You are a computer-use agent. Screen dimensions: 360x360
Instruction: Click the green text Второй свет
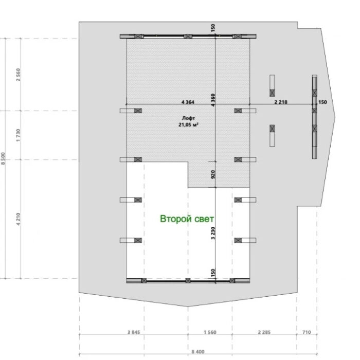(187, 219)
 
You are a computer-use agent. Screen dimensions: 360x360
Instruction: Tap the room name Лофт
(188, 118)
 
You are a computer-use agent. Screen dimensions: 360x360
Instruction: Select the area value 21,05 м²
(188, 124)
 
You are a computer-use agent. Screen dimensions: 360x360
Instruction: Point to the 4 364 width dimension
(188, 102)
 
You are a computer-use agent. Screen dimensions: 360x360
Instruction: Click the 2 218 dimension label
(281, 102)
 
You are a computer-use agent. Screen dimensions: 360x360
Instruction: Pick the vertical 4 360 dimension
(213, 100)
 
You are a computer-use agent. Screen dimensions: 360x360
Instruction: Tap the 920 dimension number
(213, 174)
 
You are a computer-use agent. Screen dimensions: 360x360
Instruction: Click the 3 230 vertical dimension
(213, 233)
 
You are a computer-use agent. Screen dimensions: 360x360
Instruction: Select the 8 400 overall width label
(198, 351)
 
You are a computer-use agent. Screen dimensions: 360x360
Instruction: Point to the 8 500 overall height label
(3, 158)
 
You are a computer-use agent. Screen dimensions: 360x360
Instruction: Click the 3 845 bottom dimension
(133, 332)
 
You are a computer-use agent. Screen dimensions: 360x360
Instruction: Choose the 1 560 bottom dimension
(210, 332)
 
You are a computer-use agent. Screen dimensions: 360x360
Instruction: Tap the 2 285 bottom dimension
(264, 332)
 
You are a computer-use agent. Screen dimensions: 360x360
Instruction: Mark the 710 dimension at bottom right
(307, 332)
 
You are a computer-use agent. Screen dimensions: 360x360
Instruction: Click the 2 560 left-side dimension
(18, 75)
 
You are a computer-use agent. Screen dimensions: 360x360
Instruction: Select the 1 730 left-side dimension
(18, 135)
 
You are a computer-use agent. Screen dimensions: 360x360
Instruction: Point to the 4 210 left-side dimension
(18, 219)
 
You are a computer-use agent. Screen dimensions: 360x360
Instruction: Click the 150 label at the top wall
(213, 28)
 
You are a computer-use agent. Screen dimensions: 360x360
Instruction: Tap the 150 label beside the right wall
(322, 102)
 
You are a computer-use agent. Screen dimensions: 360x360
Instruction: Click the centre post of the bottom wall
(188, 281)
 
